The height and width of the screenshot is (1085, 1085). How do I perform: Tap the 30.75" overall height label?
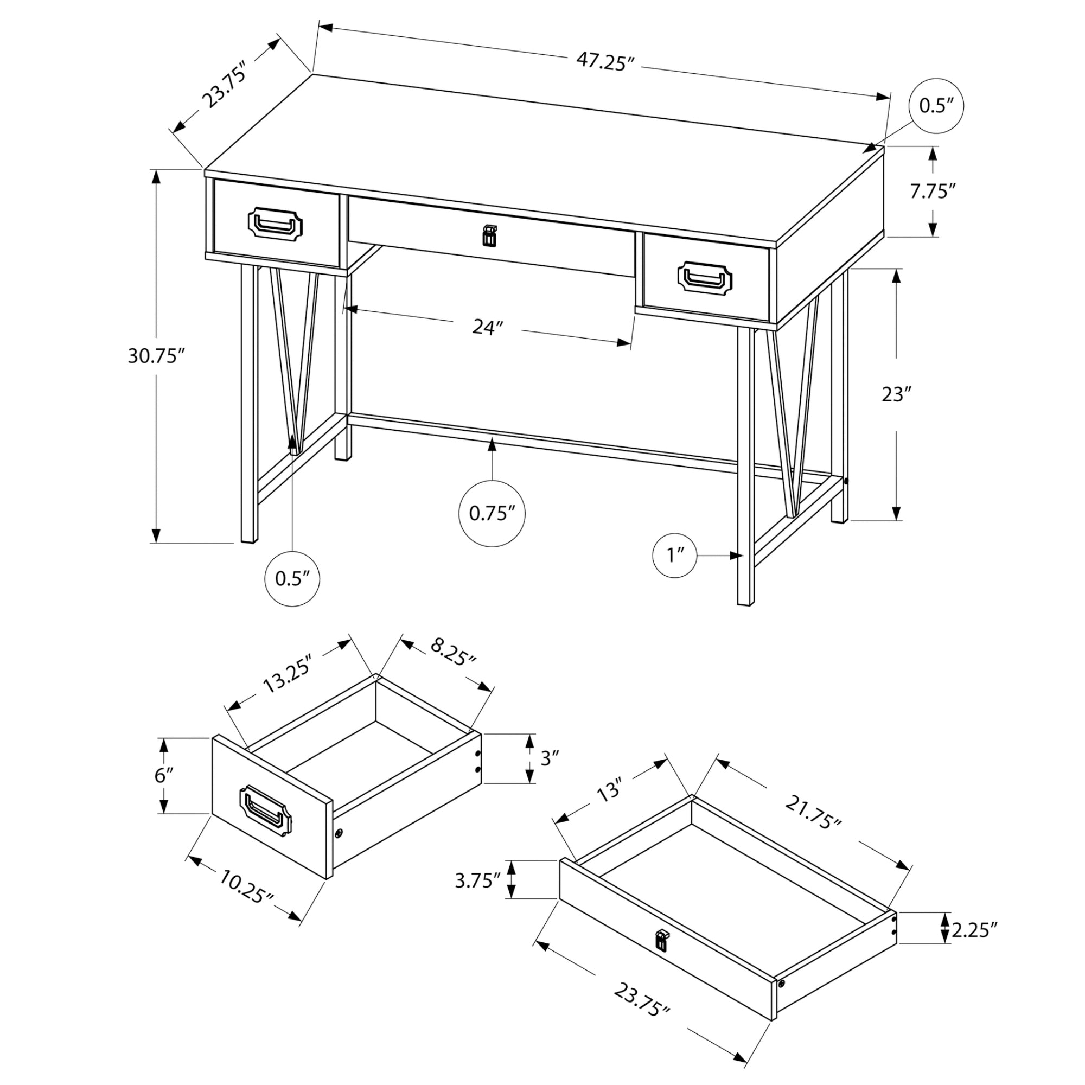coord(156,356)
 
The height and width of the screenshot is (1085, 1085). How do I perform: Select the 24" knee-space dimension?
coord(486,327)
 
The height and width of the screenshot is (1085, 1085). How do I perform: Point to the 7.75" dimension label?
coord(932,191)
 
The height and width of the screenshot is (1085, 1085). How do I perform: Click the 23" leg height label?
coord(895,394)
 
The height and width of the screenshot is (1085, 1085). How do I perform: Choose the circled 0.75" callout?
coord(492,513)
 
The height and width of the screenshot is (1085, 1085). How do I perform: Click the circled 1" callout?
coord(674,556)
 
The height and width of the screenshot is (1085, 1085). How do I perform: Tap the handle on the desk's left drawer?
coord(275,224)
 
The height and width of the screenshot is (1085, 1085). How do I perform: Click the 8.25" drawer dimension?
coord(452,652)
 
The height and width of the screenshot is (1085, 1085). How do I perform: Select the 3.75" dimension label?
coord(477,880)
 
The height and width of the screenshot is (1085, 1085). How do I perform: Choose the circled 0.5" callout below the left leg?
coord(292,579)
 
